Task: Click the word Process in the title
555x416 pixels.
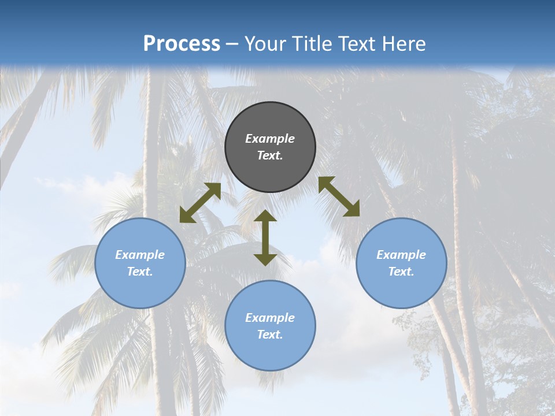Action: point(182,44)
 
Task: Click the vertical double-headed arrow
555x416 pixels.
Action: point(265,237)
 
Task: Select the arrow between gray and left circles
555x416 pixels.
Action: point(200,203)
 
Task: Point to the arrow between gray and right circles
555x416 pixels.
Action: point(339,196)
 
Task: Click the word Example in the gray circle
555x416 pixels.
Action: point(270,139)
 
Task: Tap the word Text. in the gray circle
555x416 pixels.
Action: point(270,155)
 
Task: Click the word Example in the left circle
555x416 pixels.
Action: point(140,255)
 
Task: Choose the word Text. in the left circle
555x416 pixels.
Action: point(140,272)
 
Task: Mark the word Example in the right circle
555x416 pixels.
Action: point(401,255)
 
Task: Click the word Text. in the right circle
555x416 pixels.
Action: point(401,272)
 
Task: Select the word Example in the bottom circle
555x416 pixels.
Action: point(270,318)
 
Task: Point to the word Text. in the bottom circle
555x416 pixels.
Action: point(270,335)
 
